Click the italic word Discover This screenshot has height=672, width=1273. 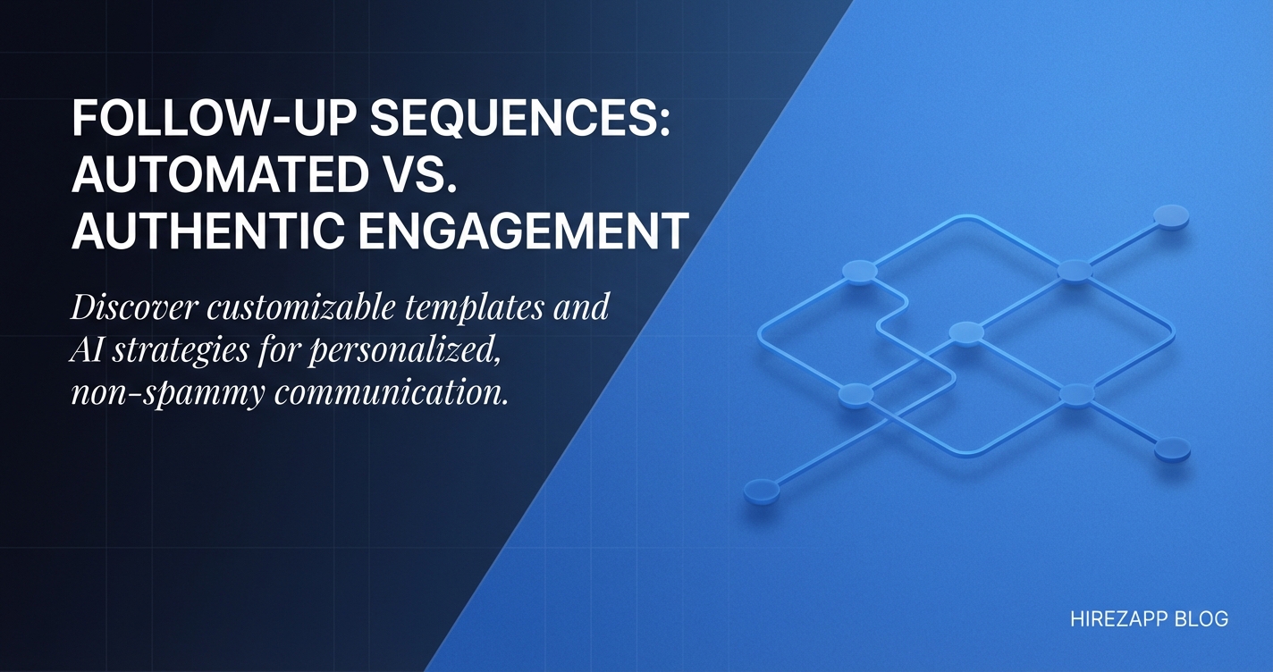tap(135, 307)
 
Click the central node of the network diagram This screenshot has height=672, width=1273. tap(966, 333)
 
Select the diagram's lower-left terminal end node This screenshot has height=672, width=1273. tap(762, 491)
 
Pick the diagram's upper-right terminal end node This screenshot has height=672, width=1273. tap(1171, 217)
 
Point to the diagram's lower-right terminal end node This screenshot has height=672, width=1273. tap(1172, 449)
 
